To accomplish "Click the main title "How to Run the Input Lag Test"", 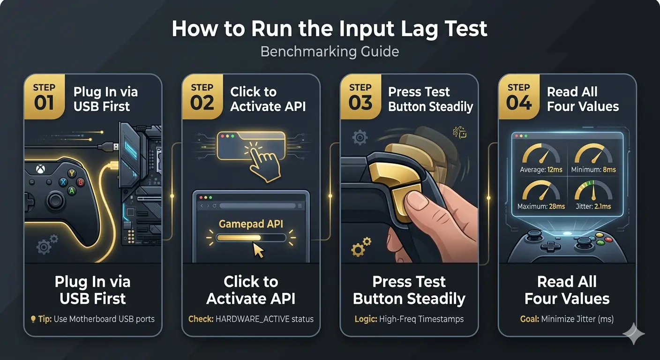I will click(330, 29).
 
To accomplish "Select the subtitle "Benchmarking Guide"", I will click(330, 51).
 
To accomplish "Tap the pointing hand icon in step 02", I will click(262, 165).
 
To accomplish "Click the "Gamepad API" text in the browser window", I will click(251, 224).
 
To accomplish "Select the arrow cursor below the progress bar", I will click(258, 250).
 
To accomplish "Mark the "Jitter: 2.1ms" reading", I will click(593, 206).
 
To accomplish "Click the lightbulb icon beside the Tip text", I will click(33, 319).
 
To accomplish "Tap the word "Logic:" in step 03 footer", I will click(366, 319).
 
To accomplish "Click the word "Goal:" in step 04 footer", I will click(529, 319).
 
